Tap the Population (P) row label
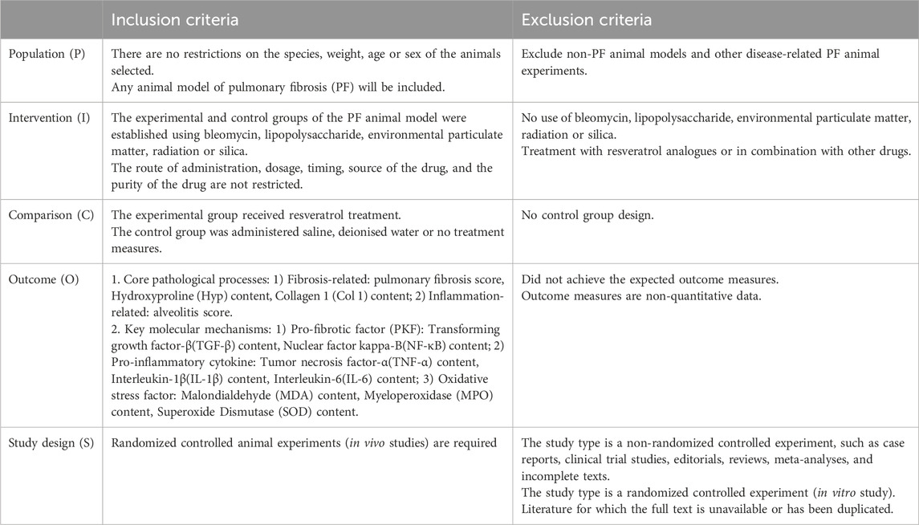(42, 54)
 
